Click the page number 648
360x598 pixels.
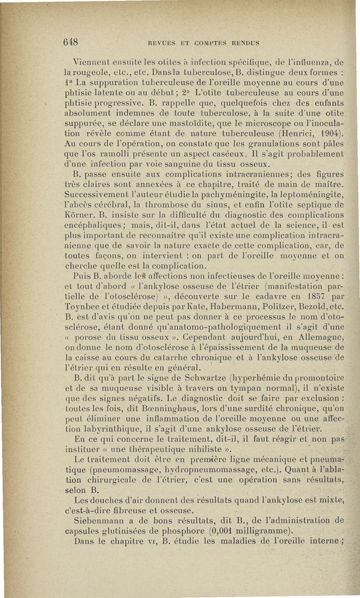click(71, 42)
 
